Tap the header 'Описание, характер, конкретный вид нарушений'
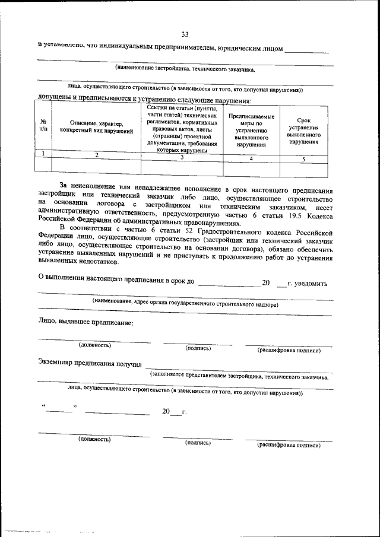[x=96, y=126]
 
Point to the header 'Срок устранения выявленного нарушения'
[x=303, y=131]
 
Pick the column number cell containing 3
[x=182, y=157]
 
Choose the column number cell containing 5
[x=303, y=159]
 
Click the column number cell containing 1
[x=43, y=154]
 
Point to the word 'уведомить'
[x=307, y=284]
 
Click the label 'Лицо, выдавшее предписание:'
[x=85, y=323]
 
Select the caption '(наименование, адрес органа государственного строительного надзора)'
[x=185, y=303]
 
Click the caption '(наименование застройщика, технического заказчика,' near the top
[x=185, y=69]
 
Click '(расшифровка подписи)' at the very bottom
[x=289, y=445]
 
